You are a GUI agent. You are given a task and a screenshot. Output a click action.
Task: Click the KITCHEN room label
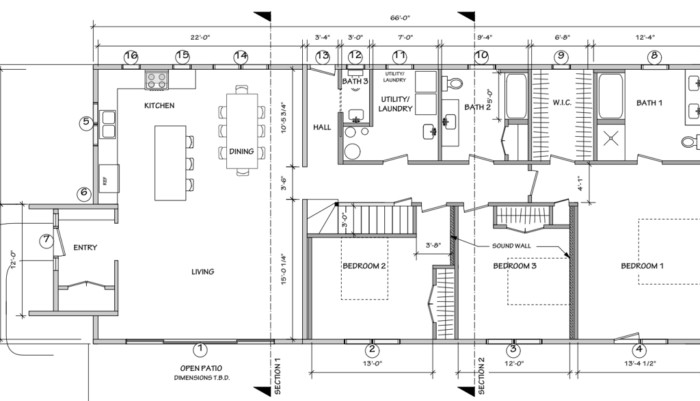point(159,105)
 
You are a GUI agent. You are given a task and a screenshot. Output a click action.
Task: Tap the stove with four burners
point(157,80)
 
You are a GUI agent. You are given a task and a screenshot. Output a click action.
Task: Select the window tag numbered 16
point(131,56)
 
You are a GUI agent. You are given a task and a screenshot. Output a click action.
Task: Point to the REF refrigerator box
point(109,179)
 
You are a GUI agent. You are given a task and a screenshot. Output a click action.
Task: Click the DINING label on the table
point(241,151)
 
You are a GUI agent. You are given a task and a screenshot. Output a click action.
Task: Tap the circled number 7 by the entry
point(46,240)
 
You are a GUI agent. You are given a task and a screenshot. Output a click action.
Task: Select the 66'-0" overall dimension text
point(400,18)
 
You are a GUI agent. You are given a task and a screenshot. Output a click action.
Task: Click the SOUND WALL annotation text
point(511,246)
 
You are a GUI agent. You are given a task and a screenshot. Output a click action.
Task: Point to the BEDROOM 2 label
point(364,266)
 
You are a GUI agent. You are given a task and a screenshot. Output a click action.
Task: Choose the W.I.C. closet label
point(562,103)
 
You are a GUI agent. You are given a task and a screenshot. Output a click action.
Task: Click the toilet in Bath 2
point(452,83)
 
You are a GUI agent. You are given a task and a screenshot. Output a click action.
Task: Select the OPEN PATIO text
point(201,368)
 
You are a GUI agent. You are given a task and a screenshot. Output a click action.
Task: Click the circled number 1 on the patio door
point(200,349)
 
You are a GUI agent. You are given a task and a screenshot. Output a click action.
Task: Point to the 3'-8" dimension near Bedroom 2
point(433,245)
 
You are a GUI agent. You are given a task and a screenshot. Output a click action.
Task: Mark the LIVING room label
point(202,272)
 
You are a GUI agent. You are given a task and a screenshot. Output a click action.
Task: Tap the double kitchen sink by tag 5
point(108,125)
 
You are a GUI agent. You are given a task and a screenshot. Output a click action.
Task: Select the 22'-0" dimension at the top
point(200,38)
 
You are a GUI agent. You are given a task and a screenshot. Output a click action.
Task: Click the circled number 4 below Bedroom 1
point(639,350)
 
